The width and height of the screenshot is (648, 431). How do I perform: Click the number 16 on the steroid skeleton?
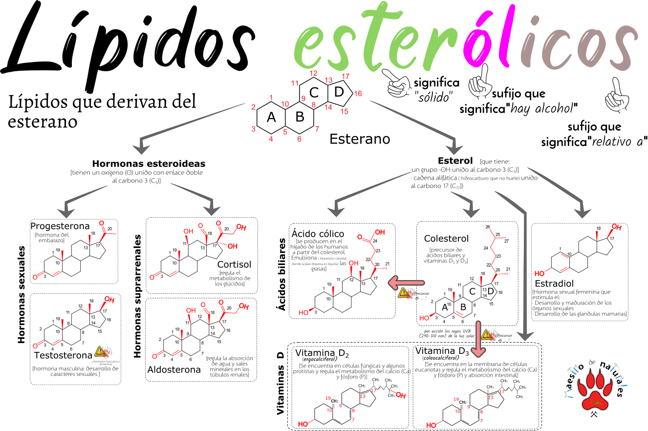358,93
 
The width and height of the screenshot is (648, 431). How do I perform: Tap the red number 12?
313,74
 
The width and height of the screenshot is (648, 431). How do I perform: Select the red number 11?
295,83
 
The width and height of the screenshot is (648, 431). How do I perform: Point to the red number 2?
253,107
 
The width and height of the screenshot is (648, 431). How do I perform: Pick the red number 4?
271,139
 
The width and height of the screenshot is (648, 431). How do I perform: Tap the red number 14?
328,107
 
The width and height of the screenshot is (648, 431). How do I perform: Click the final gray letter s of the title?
623,46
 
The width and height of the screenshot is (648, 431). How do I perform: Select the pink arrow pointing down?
478,339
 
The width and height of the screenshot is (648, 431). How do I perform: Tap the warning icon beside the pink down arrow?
489,335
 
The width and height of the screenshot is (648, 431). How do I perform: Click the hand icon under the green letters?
398,83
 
